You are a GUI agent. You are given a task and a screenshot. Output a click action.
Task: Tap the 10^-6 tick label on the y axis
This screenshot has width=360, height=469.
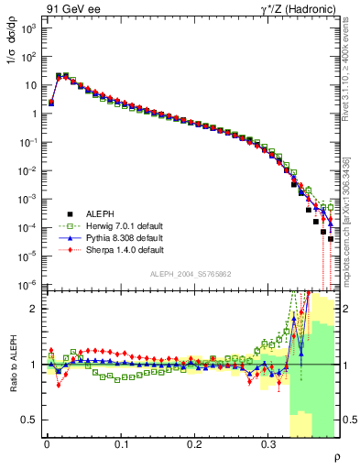click(27, 285)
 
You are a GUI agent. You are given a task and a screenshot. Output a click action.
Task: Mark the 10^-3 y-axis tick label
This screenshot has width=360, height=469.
click(27, 199)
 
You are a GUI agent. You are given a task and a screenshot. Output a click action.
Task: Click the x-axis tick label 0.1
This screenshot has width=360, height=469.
click(120, 443)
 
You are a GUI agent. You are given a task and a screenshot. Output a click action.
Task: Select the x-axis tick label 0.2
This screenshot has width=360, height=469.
click(194, 443)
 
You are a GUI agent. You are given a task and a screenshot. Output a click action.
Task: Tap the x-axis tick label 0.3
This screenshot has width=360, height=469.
click(268, 443)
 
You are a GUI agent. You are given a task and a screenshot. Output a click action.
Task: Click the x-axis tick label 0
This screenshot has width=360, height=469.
click(47, 443)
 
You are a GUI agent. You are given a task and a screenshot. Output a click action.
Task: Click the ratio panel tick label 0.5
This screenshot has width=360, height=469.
click(29, 420)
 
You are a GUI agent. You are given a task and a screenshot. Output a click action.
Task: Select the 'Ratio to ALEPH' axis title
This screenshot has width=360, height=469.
click(10, 365)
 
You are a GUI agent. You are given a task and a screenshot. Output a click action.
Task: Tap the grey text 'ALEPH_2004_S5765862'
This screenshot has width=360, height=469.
click(192, 273)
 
